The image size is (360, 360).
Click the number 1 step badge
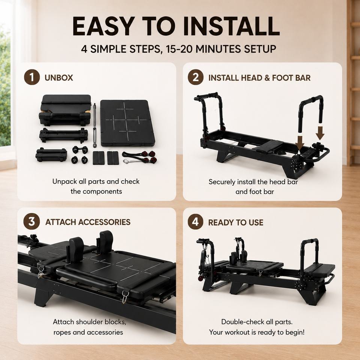coord(32,77)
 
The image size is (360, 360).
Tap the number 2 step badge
coord(196,77)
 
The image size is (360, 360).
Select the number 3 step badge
coord(31,221)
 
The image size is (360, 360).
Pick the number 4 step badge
coord(196,222)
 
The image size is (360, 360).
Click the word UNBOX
coord(59,78)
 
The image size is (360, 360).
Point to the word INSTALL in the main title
coord(231,26)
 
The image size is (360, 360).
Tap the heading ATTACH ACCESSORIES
coord(88,222)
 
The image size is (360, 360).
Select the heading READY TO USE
coord(236,222)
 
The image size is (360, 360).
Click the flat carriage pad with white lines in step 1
coord(127,123)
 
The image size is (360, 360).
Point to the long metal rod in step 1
coord(94,125)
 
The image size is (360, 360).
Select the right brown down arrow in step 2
coord(320,133)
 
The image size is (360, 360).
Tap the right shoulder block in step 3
coord(106,242)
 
